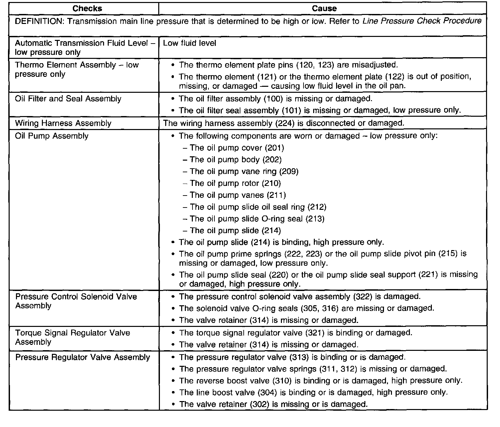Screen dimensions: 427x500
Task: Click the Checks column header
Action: pyautogui.click(x=87, y=9)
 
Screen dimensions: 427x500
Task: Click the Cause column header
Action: pyautogui.click(x=324, y=9)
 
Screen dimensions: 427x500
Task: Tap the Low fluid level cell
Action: pyautogui.click(x=189, y=43)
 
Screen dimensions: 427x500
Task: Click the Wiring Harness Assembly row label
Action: pyautogui.click(x=63, y=123)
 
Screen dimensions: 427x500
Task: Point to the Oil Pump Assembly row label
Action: pyautogui.click(x=52, y=136)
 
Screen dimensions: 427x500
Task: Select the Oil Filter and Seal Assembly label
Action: pyautogui.click(x=68, y=99)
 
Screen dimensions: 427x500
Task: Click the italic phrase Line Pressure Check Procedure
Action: pyautogui.click(x=422, y=21)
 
